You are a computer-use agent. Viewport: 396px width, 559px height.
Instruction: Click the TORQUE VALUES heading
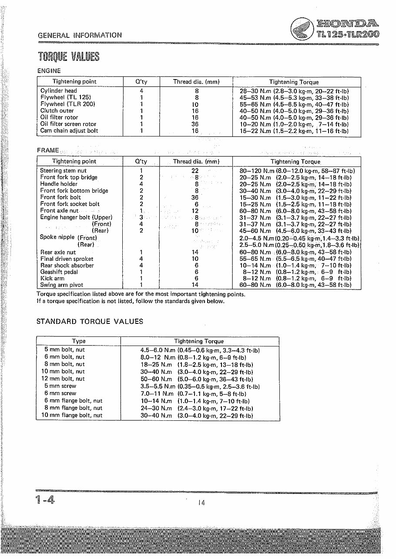[68, 57]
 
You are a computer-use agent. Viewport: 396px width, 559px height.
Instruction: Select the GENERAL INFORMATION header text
[80, 35]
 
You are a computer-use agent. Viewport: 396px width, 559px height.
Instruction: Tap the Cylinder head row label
[58, 91]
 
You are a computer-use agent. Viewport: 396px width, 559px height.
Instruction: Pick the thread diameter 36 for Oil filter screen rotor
[195, 124]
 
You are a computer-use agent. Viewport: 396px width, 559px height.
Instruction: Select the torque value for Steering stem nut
[295, 171]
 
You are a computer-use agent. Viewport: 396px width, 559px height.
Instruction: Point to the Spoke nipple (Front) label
[68, 237]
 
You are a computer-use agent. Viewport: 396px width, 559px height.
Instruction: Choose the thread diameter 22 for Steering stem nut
[195, 171]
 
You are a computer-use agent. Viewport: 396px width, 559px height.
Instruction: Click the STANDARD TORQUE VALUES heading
[90, 322]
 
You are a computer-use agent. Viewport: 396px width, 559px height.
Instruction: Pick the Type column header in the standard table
[79, 341]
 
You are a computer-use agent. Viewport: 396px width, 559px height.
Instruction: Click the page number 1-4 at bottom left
[45, 500]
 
